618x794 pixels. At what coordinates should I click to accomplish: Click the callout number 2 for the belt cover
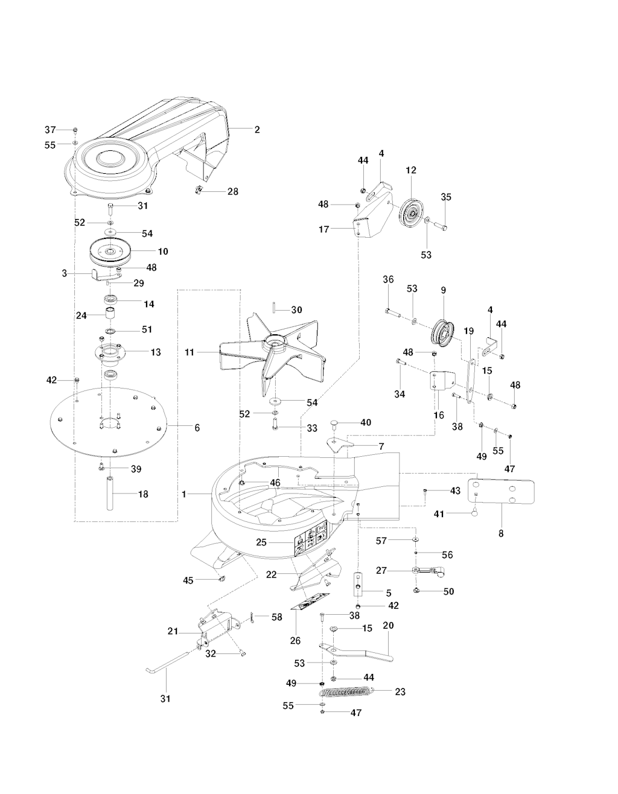[x=257, y=130]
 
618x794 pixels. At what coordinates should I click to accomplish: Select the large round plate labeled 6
[x=108, y=424]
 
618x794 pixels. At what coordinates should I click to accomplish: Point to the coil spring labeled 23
[x=347, y=691]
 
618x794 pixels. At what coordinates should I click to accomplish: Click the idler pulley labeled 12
[x=412, y=212]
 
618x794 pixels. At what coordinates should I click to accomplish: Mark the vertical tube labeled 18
[x=110, y=494]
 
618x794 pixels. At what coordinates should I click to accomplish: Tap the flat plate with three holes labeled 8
[x=502, y=492]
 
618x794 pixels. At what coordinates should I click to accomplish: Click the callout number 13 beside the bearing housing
[x=156, y=352]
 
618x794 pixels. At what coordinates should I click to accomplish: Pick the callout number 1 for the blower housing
[x=184, y=494]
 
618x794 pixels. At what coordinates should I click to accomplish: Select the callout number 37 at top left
[x=50, y=130]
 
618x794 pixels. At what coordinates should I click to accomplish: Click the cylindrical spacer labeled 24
[x=110, y=314]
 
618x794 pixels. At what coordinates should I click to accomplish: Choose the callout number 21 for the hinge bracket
[x=173, y=631]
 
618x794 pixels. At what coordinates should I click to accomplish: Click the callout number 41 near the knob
[x=439, y=514]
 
